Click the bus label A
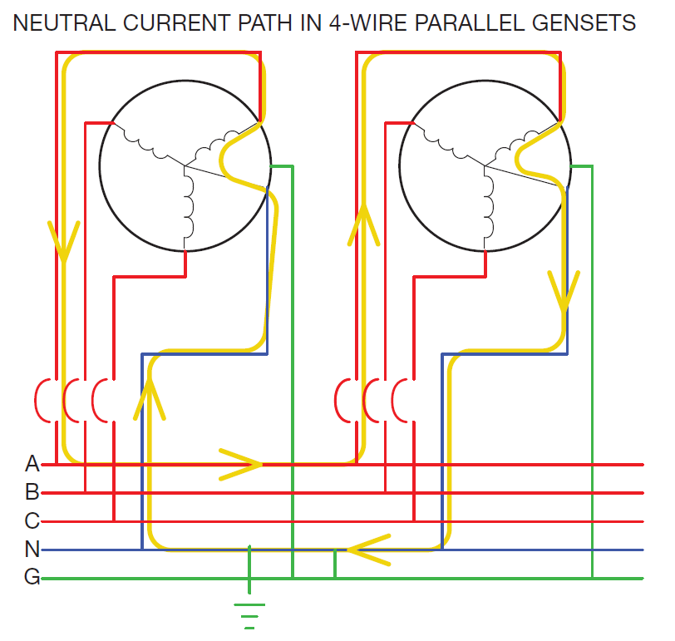32,463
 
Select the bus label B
32,491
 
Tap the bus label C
32,520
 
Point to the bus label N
32,549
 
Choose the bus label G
32,577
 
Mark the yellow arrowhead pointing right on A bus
242,464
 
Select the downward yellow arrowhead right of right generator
564,291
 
